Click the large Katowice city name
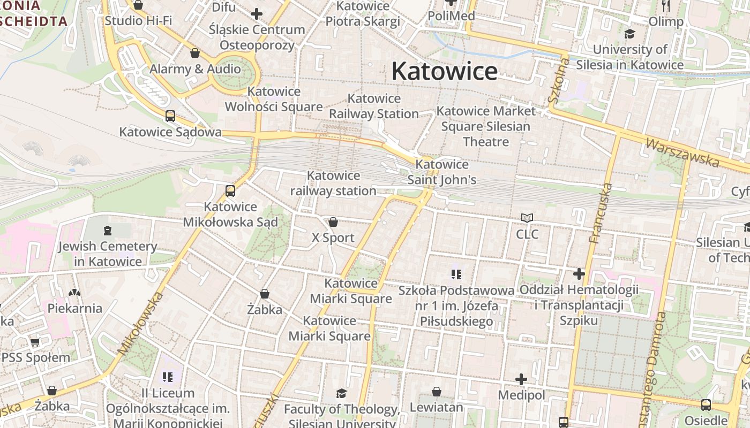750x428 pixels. pos(445,71)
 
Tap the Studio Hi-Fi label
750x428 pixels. pos(138,21)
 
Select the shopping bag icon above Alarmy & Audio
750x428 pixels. pos(195,53)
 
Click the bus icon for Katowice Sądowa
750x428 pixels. pos(170,116)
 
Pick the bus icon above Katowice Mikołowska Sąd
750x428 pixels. pos(230,190)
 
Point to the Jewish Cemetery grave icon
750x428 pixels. pos(108,231)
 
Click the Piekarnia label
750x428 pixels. pos(75,308)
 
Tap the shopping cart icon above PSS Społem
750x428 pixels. pos(35,341)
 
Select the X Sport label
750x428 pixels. pos(333,238)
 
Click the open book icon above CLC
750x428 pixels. pos(527,218)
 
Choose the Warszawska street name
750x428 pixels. pos(682,152)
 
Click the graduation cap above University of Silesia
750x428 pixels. pos(629,34)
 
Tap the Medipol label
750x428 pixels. pos(521,395)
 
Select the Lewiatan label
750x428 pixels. pos(436,407)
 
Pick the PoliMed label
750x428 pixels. pos(451,16)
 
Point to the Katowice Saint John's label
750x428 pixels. pos(442,172)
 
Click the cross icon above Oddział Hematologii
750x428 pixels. pos(579,274)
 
